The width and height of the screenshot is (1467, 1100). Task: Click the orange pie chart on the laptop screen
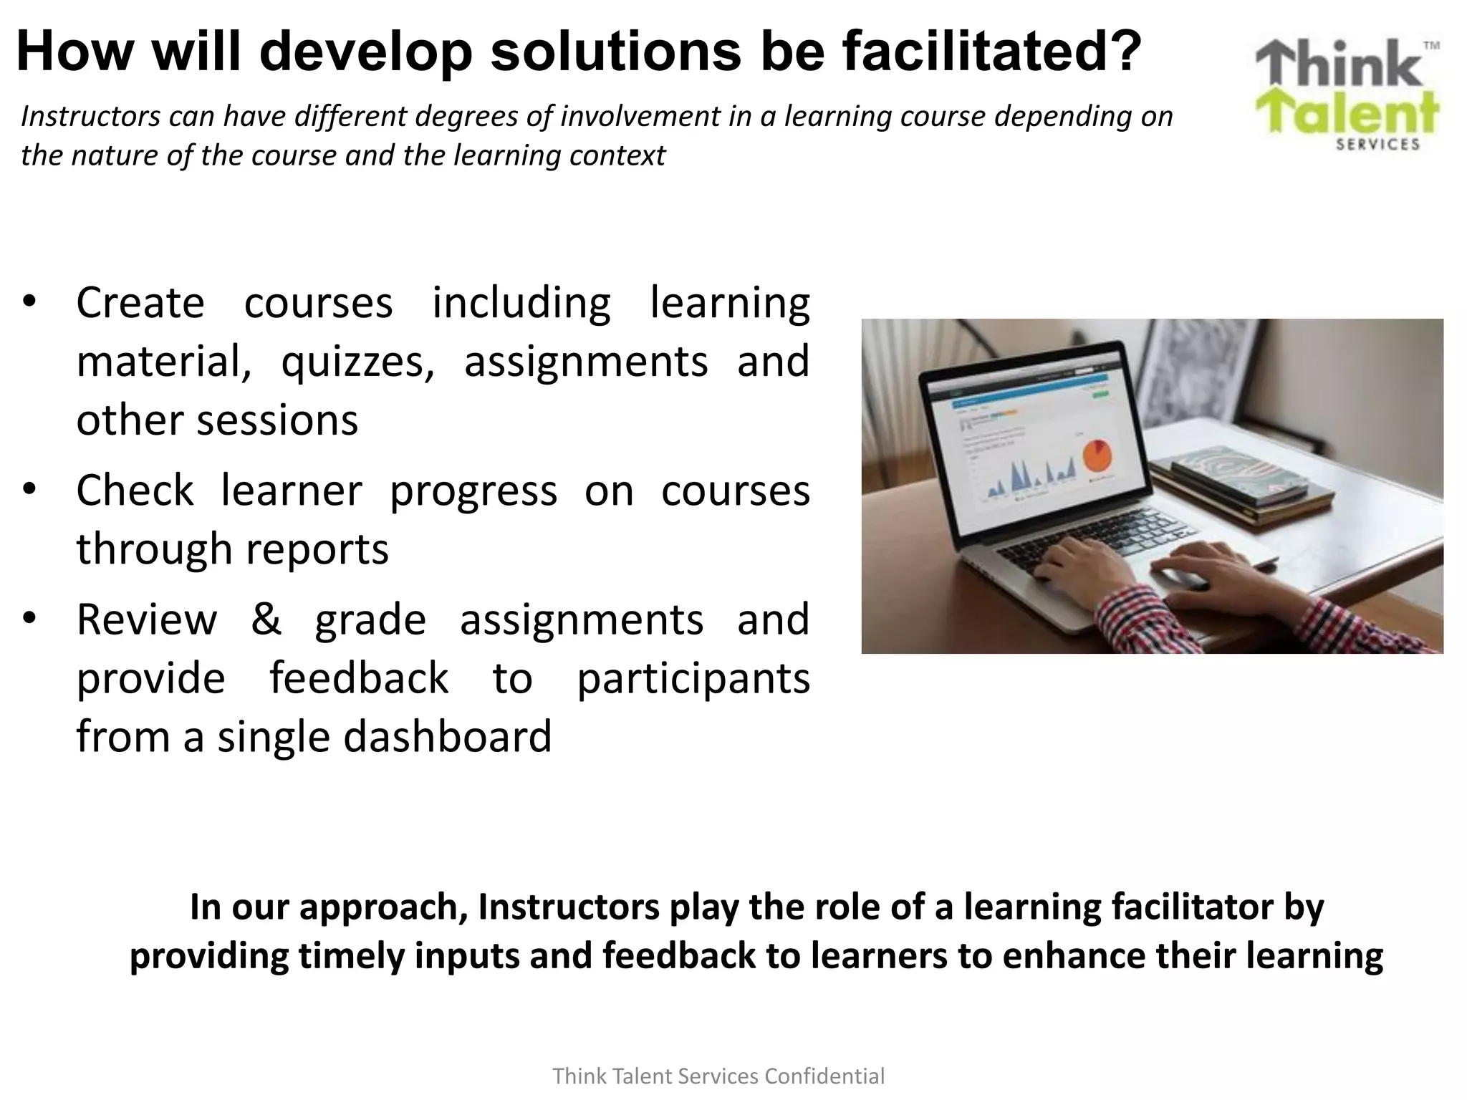(x=1096, y=455)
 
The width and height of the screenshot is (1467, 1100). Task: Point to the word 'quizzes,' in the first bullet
(x=357, y=362)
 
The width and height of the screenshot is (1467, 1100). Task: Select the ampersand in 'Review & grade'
(x=266, y=619)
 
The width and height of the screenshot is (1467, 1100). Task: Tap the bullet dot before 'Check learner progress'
(x=29, y=490)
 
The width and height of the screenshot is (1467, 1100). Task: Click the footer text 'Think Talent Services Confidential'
(x=718, y=1076)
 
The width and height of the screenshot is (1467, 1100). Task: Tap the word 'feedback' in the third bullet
(x=359, y=678)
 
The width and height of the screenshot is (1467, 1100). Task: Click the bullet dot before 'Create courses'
(x=29, y=301)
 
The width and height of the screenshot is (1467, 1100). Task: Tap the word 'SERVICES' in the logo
(x=1377, y=144)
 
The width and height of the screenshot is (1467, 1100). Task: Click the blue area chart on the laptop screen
(x=1031, y=476)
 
